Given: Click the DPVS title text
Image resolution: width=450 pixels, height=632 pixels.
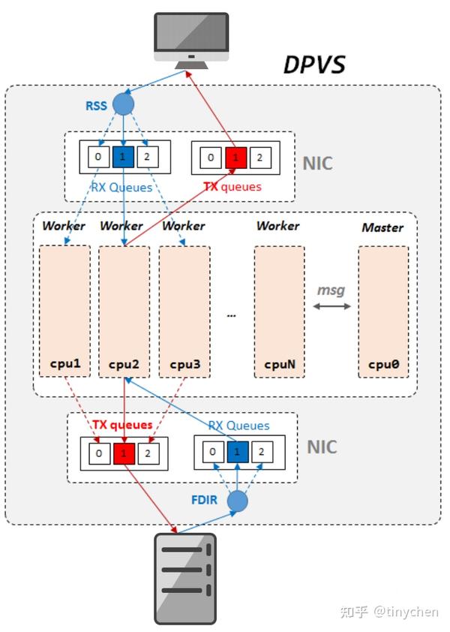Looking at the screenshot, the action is [x=315, y=65].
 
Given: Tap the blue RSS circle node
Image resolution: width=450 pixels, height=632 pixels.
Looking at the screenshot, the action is [x=123, y=104].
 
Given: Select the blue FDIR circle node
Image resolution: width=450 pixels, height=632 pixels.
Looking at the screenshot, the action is [x=237, y=501].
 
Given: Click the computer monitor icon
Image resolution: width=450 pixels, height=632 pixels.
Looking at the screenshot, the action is [x=191, y=41].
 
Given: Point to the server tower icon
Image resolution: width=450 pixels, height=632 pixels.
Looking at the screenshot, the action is [x=186, y=579].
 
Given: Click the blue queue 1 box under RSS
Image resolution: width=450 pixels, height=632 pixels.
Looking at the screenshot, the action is [x=123, y=157].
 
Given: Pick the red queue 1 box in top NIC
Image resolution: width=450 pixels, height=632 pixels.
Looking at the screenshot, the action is [x=235, y=158].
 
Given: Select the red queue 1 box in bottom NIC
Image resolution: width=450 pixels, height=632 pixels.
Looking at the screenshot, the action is [x=124, y=453].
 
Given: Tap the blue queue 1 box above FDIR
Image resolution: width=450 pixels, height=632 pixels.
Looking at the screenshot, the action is [x=237, y=452].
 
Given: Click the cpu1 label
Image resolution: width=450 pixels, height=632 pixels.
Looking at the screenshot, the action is [x=64, y=363].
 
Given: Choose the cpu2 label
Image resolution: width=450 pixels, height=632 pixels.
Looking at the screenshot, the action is [x=124, y=364].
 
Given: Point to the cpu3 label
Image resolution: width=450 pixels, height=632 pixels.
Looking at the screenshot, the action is [x=185, y=364].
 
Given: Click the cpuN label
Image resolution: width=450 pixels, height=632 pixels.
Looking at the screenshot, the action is [x=280, y=364].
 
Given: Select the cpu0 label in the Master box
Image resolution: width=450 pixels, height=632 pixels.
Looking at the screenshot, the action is [x=383, y=364].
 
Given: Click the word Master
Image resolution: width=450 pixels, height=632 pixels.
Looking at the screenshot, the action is [x=382, y=227].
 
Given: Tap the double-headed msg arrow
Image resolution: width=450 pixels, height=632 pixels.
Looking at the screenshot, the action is [x=332, y=306].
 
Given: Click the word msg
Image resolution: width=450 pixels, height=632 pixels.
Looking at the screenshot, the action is [x=331, y=290].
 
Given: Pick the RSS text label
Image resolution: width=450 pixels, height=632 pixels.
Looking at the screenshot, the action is [x=96, y=106].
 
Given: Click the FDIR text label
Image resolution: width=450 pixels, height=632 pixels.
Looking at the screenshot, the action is [x=204, y=500].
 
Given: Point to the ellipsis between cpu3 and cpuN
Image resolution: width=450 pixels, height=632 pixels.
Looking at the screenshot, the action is [x=231, y=315].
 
